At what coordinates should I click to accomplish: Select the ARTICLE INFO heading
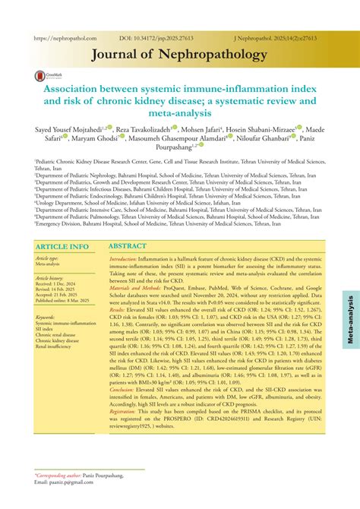[63, 226]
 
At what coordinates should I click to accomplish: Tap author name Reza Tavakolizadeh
[147, 130]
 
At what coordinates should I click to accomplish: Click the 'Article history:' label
[49, 258]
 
